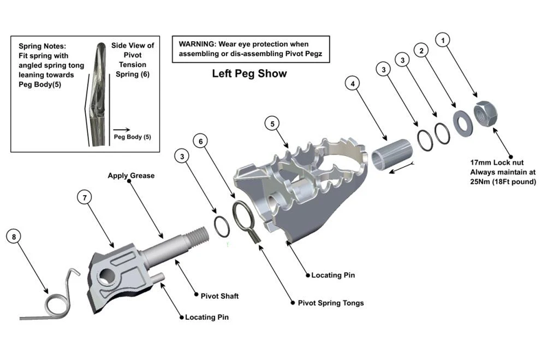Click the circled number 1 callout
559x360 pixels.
tap(443, 40)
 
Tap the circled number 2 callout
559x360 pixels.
tap(421, 51)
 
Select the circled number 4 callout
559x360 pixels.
tap(352, 83)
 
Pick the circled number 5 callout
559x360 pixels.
tap(272, 124)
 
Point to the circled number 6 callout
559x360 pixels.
tap(201, 141)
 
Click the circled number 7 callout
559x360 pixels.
tap(84, 197)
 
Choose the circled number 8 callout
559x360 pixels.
tap(14, 237)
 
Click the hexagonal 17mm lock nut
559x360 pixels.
tap(485, 113)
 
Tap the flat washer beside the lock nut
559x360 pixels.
tap(463, 123)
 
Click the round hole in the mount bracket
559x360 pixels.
tap(107, 277)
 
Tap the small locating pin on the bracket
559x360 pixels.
tap(159, 278)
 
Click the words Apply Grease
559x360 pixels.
tap(131, 175)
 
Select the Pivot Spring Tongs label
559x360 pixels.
tap(330, 303)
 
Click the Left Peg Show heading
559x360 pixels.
tap(249, 73)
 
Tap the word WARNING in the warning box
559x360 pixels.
tap(197, 44)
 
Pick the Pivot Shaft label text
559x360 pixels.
tap(219, 296)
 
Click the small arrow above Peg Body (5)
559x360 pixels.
tap(122, 129)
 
